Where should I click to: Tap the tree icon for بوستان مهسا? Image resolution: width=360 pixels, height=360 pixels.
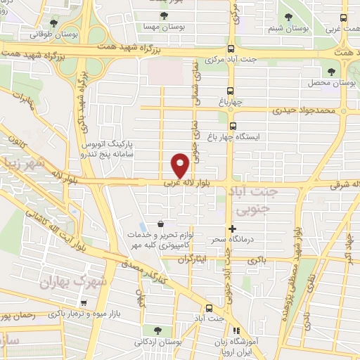tap(164, 15)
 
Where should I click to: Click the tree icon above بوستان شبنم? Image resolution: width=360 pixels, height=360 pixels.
tap(289, 15)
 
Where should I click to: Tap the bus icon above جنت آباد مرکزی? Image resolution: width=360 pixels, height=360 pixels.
tap(231, 47)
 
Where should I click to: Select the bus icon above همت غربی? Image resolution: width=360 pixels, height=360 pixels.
tap(343, 19)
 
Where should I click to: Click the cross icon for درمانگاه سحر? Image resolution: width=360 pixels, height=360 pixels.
tap(232, 229)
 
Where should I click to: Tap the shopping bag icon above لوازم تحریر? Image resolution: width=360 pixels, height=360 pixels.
tap(161, 224)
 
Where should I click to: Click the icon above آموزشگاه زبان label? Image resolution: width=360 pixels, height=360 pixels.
tap(236, 330)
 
